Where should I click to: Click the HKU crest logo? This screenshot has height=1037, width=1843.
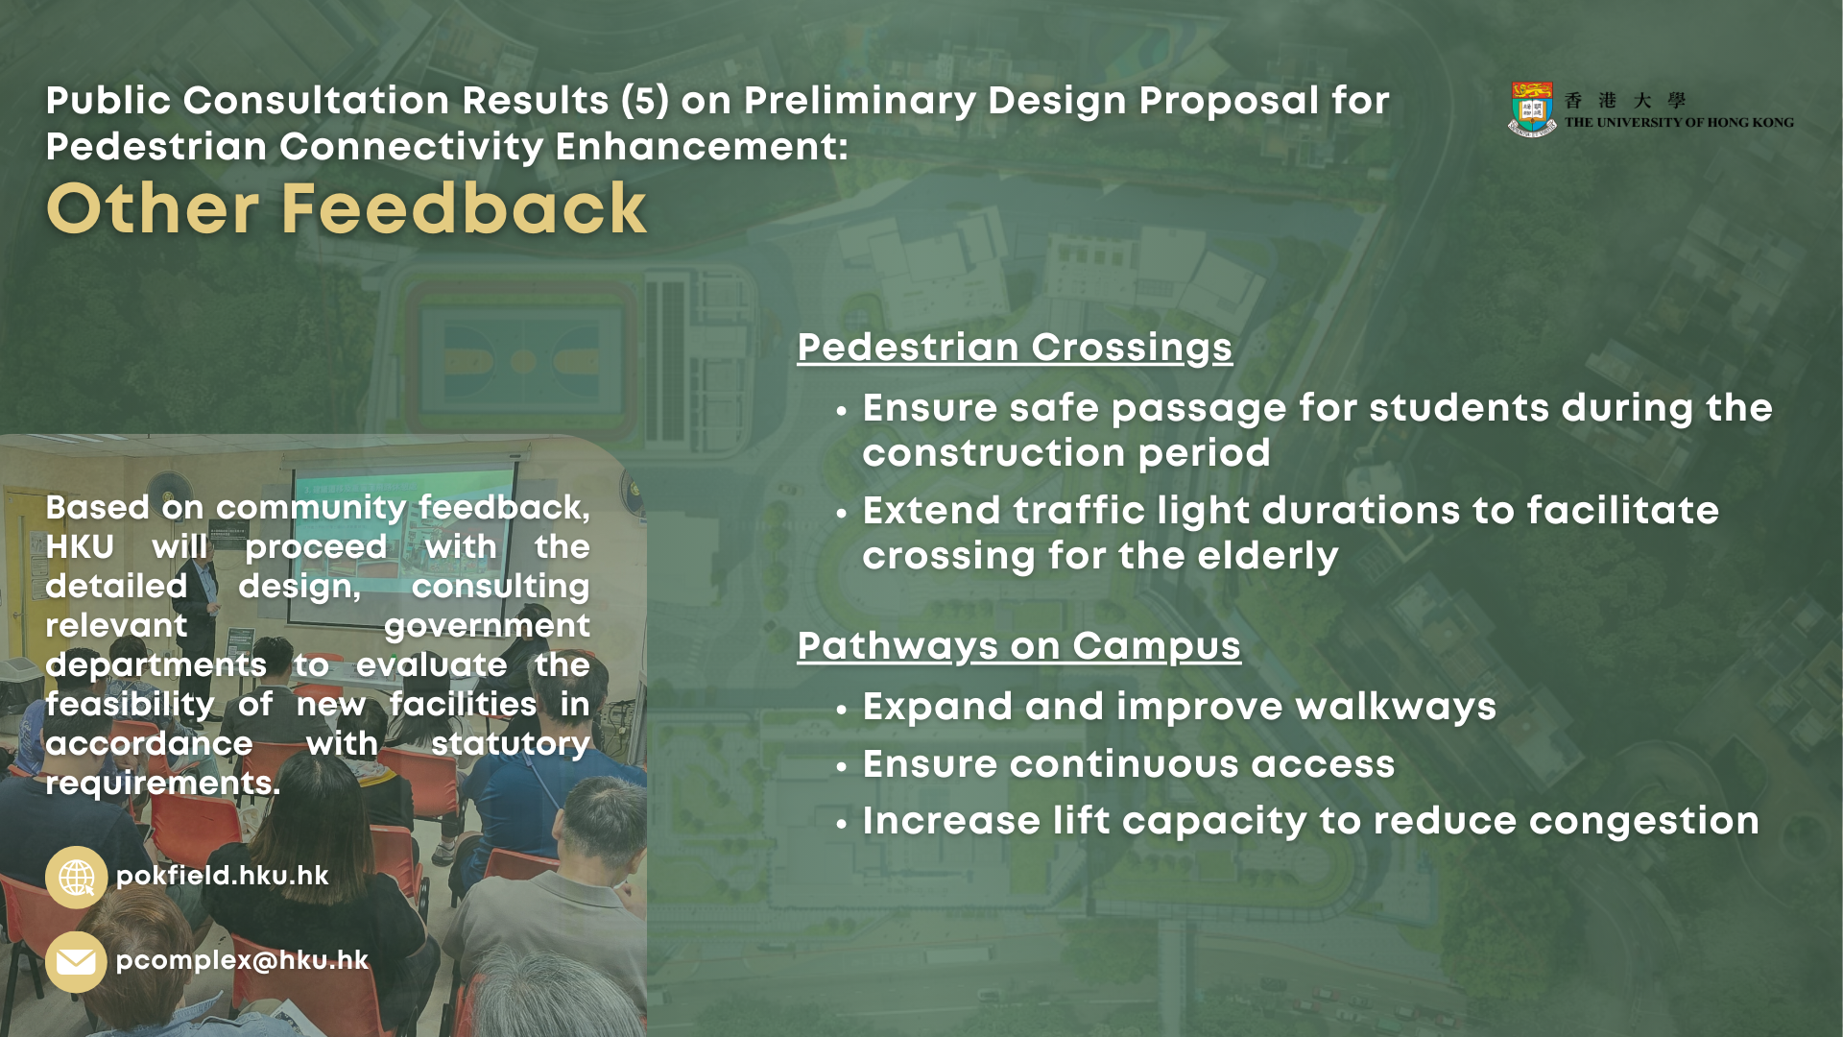pyautogui.click(x=1532, y=109)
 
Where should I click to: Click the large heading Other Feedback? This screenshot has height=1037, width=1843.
pyautogui.click(x=347, y=208)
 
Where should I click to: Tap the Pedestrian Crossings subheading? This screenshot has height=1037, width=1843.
pyautogui.click(x=1015, y=349)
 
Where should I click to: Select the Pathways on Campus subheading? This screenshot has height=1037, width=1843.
pyautogui.click(x=1018, y=647)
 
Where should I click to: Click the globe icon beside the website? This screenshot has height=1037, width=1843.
pyautogui.click(x=76, y=878)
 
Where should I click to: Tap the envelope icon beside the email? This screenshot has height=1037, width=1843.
pyautogui.click(x=76, y=961)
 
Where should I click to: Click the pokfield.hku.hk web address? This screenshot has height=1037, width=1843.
pyautogui.click(x=222, y=876)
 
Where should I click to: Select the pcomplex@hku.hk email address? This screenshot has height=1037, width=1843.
pyautogui.click(x=242, y=960)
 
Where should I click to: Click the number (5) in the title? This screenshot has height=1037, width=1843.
pyautogui.click(x=645, y=101)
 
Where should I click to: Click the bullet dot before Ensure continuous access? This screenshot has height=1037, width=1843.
pyautogui.click(x=842, y=767)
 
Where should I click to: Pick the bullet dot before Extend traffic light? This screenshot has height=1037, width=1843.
pyautogui.click(x=842, y=514)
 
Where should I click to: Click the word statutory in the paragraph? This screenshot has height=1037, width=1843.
pyautogui.click(x=511, y=744)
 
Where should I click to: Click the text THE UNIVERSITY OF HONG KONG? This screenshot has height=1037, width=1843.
pyautogui.click(x=1679, y=123)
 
